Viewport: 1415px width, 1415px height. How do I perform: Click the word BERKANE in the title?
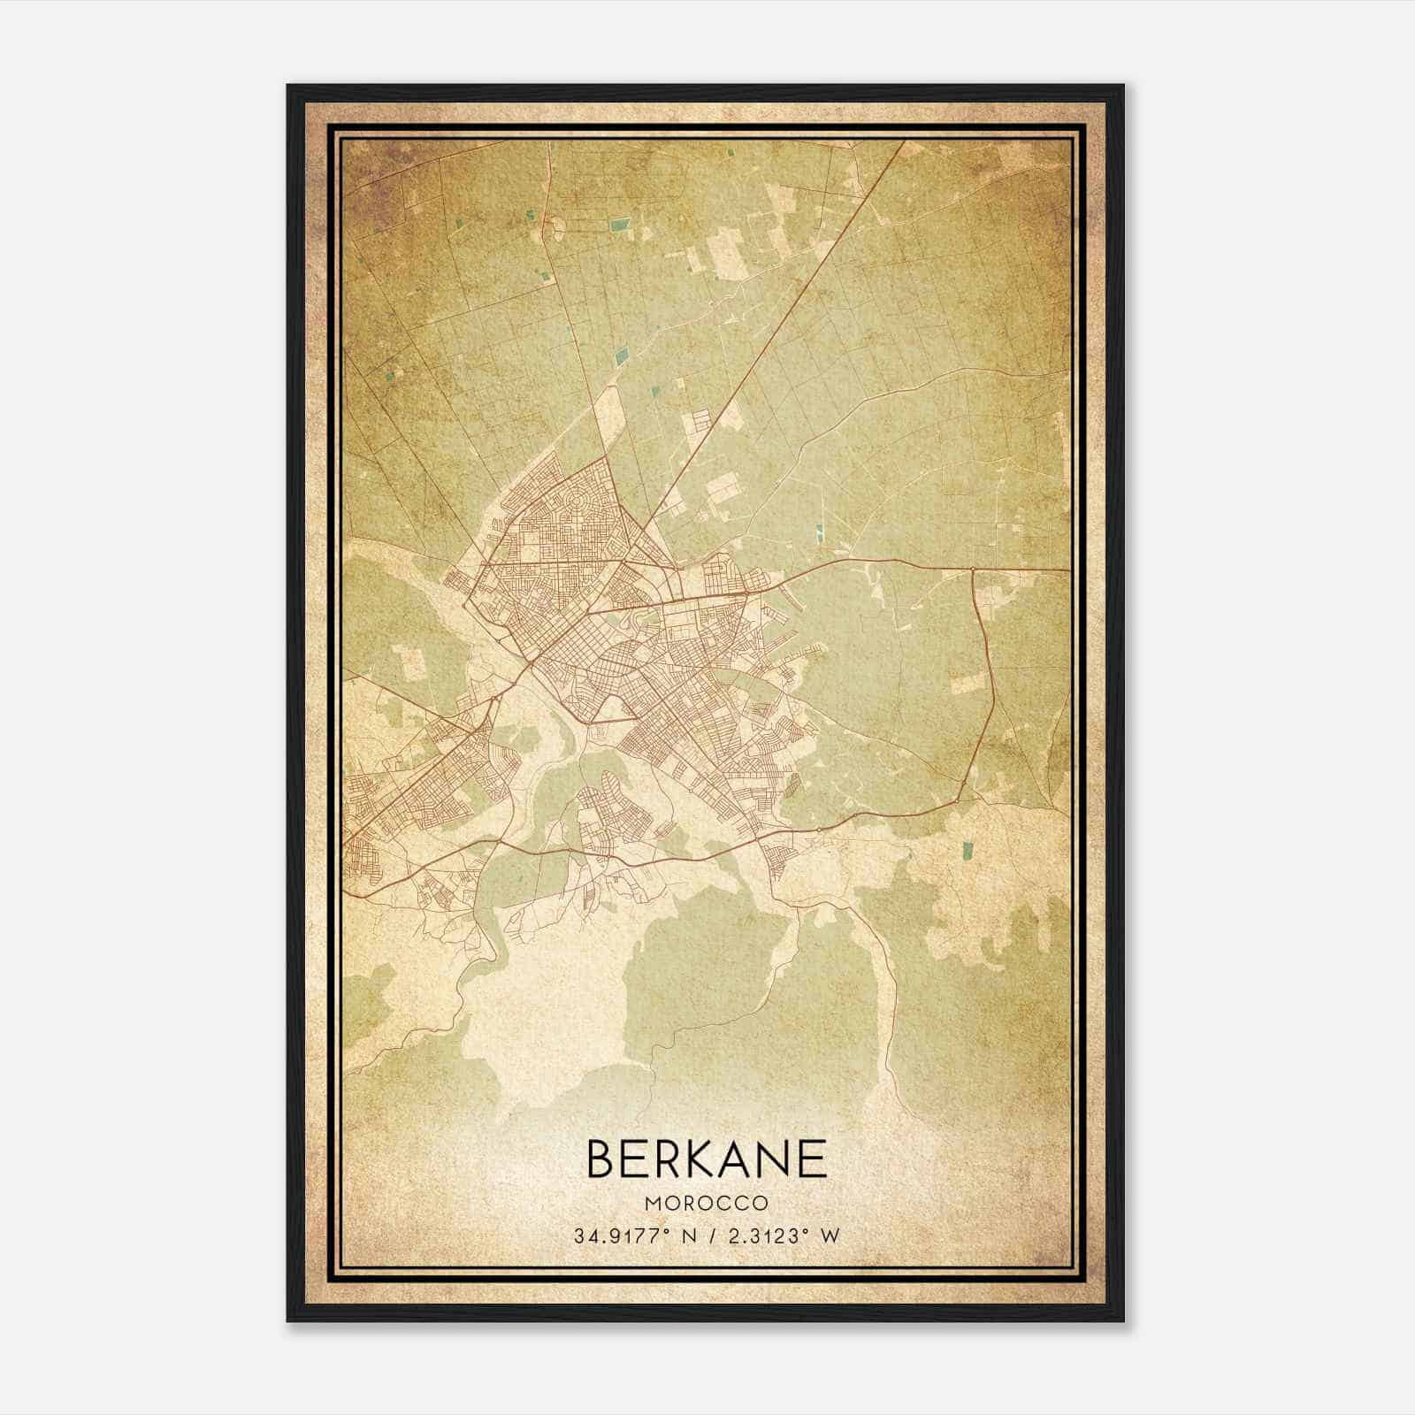click(x=706, y=1159)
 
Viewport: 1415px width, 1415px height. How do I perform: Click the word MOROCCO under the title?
click(x=706, y=1204)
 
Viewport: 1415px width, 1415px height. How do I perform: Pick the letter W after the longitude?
click(x=829, y=1236)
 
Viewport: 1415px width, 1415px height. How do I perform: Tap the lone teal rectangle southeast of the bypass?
click(x=965, y=851)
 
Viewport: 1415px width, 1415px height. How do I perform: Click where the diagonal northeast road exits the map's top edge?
click(x=904, y=141)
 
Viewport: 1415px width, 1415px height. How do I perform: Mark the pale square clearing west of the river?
click(x=409, y=663)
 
